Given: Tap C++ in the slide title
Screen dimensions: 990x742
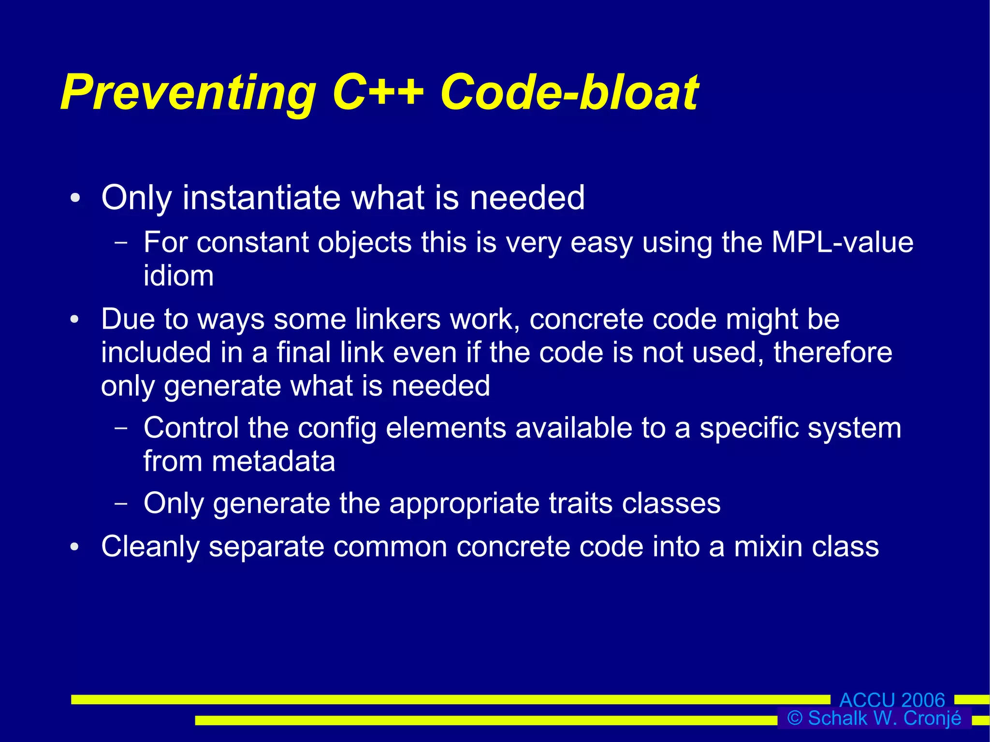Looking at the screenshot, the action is coord(378,92).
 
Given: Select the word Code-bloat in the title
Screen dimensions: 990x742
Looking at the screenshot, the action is coord(569,92).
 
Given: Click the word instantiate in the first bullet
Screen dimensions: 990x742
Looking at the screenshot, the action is coord(262,198).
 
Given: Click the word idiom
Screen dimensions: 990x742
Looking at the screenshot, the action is coord(178,276).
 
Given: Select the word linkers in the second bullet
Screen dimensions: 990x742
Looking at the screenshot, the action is coord(398,319).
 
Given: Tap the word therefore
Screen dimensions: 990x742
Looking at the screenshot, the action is coord(832,352).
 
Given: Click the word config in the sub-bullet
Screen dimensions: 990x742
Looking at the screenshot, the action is coord(336,428).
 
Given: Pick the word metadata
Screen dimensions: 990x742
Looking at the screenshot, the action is coord(273,461).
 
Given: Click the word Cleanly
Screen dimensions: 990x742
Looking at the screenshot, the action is coord(150,546).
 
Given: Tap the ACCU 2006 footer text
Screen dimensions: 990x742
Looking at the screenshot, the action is coord(892,700).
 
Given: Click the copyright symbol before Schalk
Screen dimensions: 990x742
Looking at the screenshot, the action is coord(795,718).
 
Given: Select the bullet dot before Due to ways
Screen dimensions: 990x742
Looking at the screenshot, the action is coord(74,320).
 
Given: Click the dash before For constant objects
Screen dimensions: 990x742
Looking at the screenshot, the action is coord(121,242).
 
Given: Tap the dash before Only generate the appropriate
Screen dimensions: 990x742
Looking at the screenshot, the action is coord(121,503).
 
